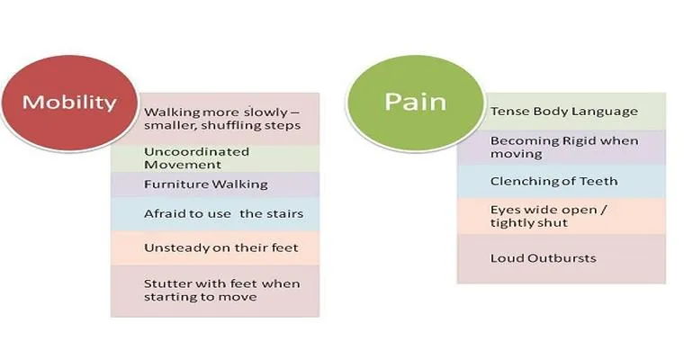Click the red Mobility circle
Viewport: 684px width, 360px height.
(69, 103)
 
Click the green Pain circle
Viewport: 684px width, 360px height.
(415, 103)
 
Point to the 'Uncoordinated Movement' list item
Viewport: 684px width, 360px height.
(196, 158)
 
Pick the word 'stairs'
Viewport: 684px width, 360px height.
(284, 214)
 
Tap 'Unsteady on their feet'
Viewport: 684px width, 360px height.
(221, 247)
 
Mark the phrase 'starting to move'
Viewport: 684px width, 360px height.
(200, 297)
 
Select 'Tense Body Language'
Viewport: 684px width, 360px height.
(564, 112)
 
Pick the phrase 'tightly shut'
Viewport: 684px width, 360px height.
(529, 223)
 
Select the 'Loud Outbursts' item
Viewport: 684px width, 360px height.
(543, 258)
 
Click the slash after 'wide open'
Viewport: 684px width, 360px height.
(603, 210)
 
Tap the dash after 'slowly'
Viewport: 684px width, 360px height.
(295, 112)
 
